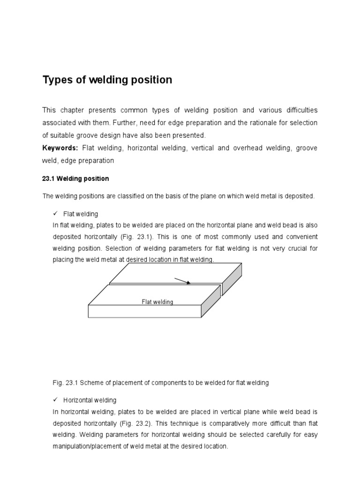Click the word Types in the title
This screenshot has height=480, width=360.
57,80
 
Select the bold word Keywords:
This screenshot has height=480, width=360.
60,148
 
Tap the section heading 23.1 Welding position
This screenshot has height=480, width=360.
75,179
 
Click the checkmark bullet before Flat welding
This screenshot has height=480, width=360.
55,214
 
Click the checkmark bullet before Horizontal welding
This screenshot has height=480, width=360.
55,400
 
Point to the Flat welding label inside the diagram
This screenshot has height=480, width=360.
157,302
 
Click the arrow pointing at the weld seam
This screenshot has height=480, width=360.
182,281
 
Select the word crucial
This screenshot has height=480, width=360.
291,248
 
